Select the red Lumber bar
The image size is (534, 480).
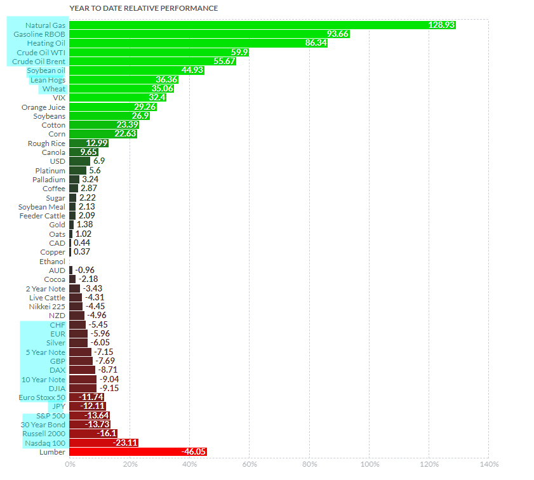tap(138, 451)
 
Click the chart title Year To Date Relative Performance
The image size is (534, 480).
tap(143, 8)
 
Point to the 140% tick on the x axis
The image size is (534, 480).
tap(488, 464)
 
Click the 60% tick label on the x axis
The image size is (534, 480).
tap(249, 464)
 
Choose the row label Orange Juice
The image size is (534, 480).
tap(43, 107)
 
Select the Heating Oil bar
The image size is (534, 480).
tap(198, 43)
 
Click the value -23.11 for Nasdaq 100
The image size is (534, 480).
tap(125, 443)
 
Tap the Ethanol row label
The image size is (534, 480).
tap(52, 261)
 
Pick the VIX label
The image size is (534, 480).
tap(59, 98)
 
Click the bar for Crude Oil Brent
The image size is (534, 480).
tap(152, 61)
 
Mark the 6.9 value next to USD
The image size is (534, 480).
tap(99, 161)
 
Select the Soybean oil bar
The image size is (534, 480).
tap(137, 70)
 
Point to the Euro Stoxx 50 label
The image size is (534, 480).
tap(43, 397)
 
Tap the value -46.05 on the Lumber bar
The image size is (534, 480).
tap(194, 451)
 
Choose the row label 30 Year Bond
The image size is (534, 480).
tap(43, 424)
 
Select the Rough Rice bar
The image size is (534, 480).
tap(88, 143)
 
